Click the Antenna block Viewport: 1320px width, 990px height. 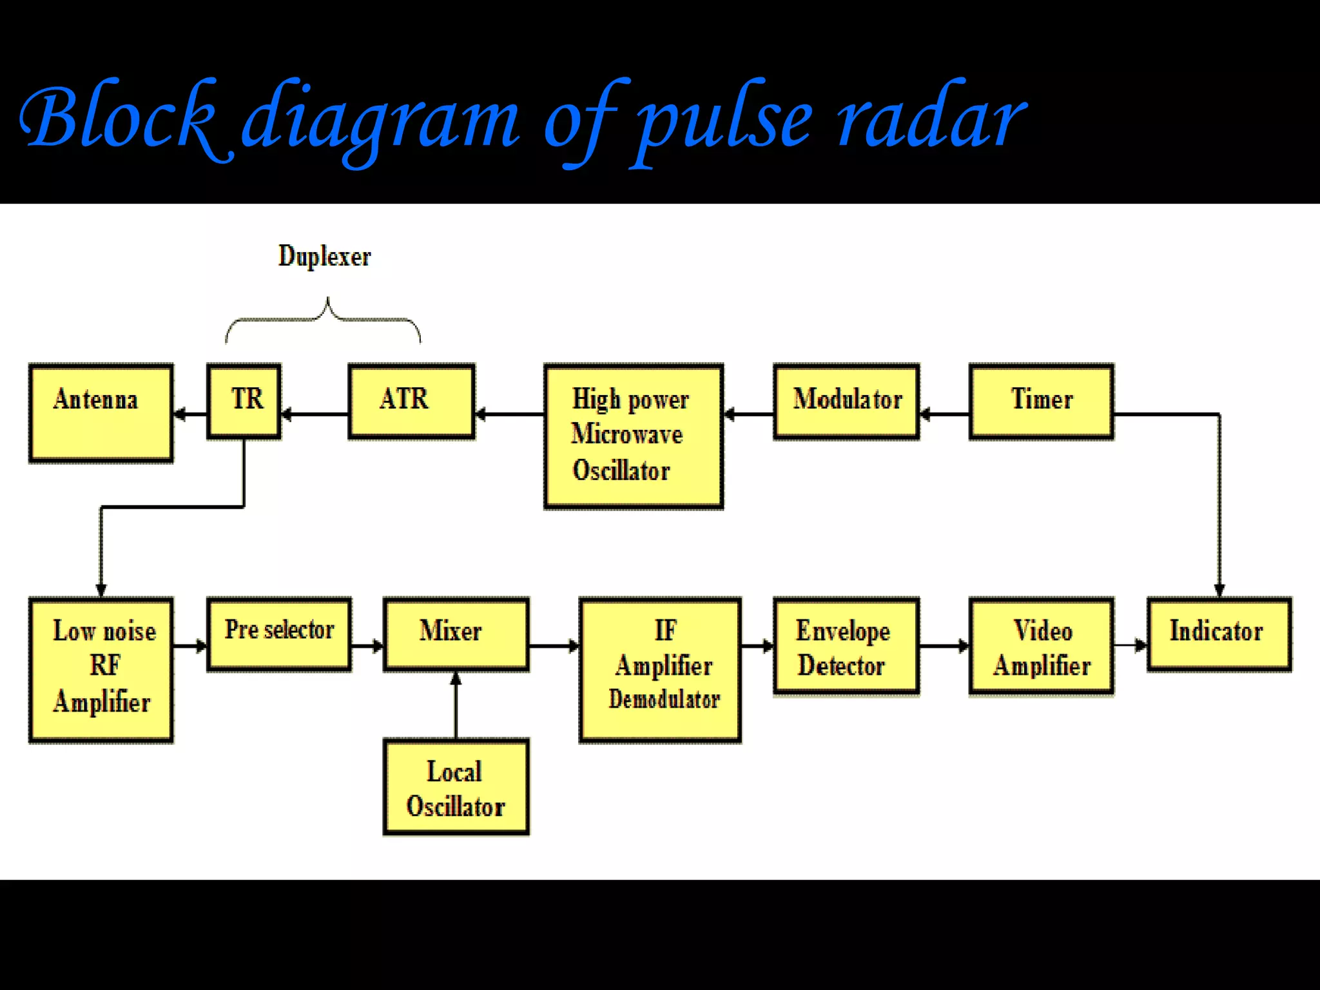click(101, 413)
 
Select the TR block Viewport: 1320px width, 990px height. click(244, 401)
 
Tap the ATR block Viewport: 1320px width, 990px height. click(411, 401)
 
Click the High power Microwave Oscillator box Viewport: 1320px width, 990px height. click(633, 436)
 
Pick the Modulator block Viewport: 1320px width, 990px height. click(846, 401)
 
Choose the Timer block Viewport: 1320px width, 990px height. click(1041, 401)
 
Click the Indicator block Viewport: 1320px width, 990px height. click(1218, 634)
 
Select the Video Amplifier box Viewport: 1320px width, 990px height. click(1041, 646)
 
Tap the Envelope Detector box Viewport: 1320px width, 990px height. click(846, 646)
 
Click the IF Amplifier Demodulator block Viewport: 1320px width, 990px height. click(660, 670)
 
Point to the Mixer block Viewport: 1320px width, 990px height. click(456, 634)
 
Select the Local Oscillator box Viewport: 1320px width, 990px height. click(456, 787)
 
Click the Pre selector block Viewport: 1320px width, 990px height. click(279, 634)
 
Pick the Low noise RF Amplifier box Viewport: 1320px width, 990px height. click(101, 670)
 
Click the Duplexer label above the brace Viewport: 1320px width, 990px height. click(324, 257)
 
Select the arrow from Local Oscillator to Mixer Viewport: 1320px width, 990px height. click(456, 705)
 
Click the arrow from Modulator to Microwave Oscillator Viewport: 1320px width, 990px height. click(748, 414)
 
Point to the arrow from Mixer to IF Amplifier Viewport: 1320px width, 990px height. click(554, 645)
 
